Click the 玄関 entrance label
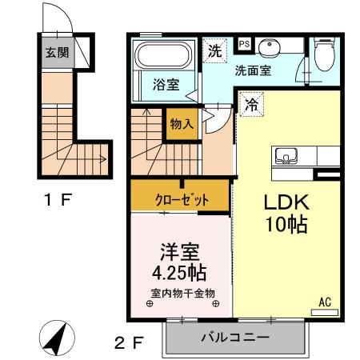coord(56,54)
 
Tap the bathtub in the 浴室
coord(161,57)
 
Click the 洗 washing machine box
coord(214,50)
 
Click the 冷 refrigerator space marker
coord(251,103)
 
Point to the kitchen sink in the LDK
coord(286,155)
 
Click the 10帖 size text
coord(282,226)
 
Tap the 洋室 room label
coord(182,250)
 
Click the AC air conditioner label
coord(325,302)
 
